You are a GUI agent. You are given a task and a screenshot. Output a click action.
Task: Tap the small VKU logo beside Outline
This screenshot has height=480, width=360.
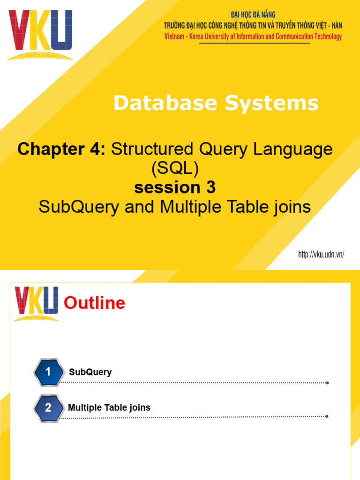37,303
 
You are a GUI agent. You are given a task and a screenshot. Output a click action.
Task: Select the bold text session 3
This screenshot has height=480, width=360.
175,187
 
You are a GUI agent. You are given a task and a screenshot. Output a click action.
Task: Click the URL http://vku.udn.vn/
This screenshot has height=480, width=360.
322,255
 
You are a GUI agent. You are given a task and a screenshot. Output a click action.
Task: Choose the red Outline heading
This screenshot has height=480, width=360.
95,303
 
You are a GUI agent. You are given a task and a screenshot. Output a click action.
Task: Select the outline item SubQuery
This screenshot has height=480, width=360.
90,372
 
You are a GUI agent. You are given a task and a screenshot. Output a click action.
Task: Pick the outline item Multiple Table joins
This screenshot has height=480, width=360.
109,407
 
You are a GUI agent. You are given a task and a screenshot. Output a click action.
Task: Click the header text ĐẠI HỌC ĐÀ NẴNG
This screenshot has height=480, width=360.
253,15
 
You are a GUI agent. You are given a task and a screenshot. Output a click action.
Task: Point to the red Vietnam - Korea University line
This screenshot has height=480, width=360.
253,37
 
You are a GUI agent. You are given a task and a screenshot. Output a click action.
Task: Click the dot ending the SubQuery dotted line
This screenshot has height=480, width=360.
327,382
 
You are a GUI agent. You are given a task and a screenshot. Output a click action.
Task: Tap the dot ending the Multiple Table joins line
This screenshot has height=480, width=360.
327,416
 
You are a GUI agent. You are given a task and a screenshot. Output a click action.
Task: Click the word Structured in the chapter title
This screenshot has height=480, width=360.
150,150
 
